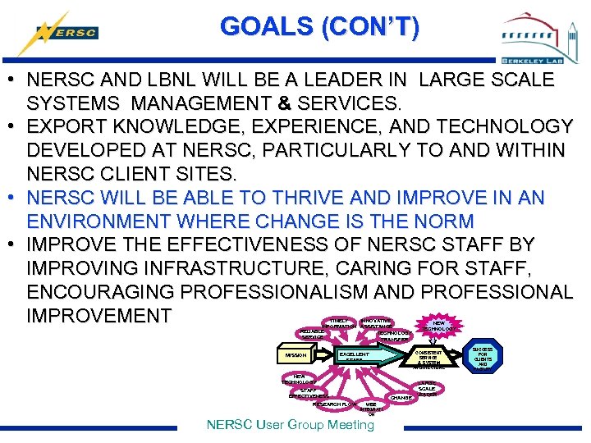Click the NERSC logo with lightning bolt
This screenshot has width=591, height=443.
61,33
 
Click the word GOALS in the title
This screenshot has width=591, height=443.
267,27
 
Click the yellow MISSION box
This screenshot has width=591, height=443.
295,355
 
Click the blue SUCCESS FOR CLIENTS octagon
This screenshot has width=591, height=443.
483,359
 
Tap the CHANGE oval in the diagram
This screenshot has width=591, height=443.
401,397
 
